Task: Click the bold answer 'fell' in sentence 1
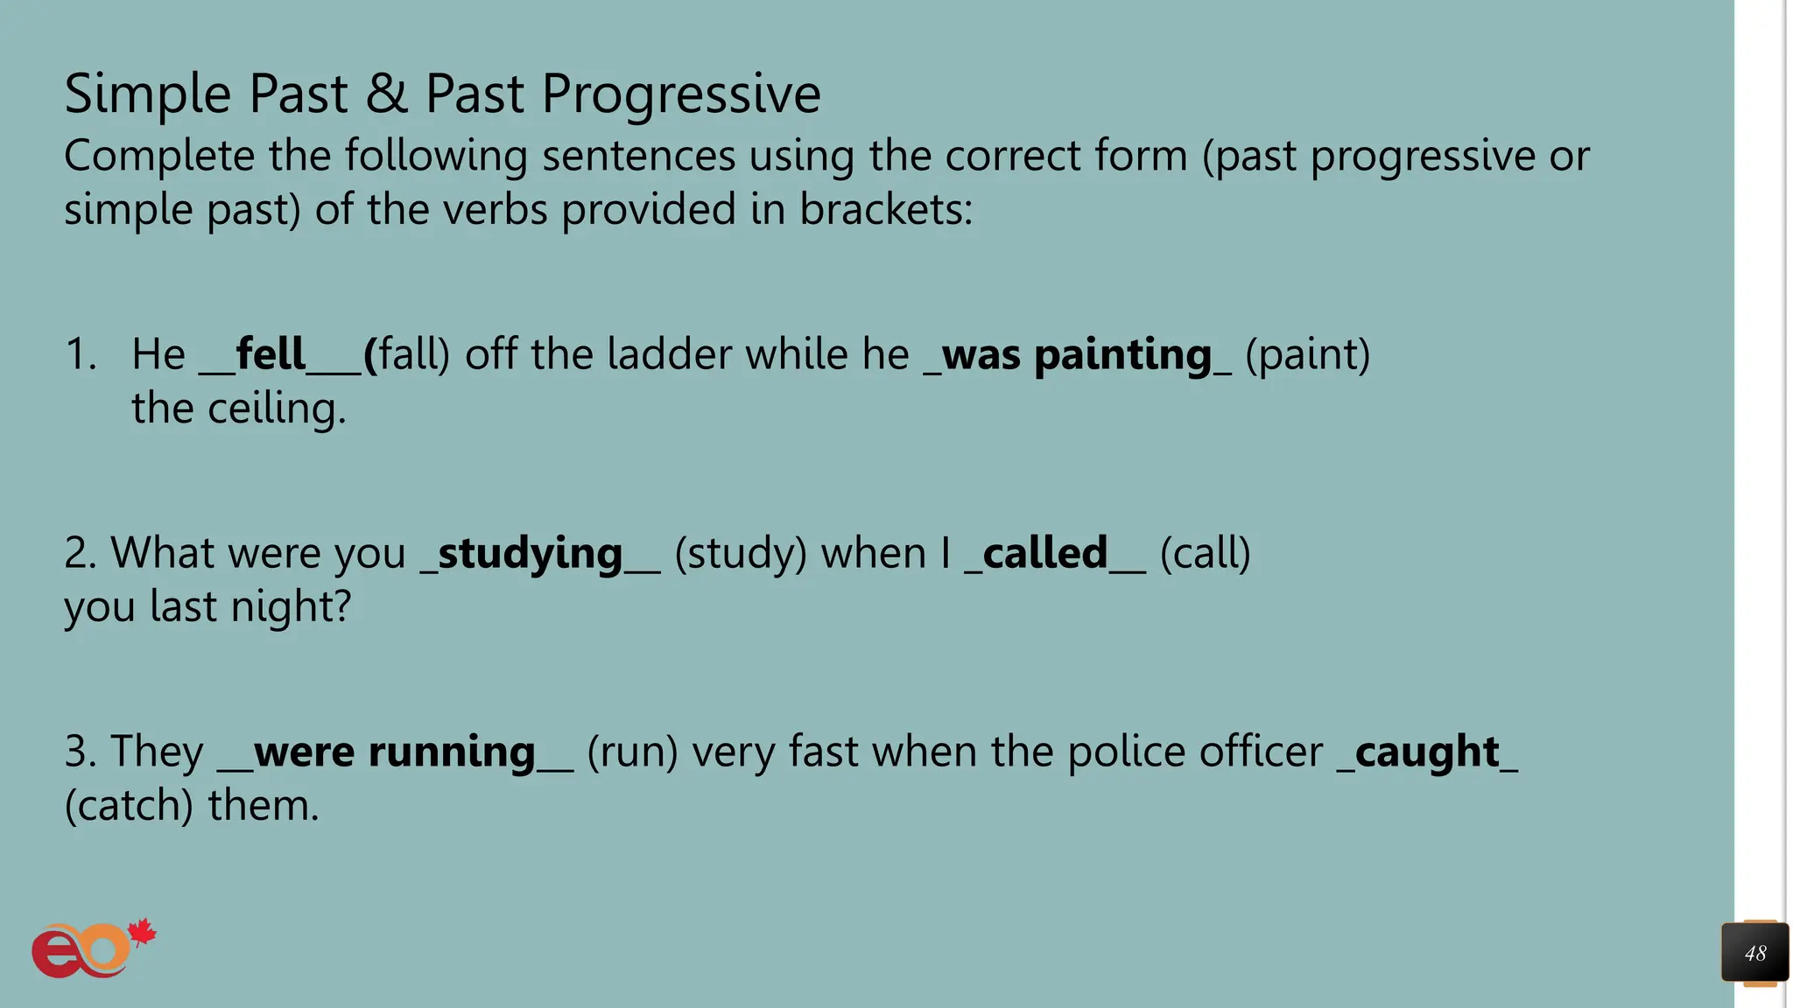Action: coord(271,354)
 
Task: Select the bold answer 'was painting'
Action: coord(1077,355)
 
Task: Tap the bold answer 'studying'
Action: coord(530,554)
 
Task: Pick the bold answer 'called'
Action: coord(1045,553)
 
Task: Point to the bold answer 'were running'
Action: coord(394,752)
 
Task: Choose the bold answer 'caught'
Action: coord(1427,752)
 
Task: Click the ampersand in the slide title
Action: coord(386,93)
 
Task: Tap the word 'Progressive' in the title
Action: coord(681,94)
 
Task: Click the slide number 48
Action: coord(1754,953)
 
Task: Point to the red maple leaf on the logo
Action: coord(141,933)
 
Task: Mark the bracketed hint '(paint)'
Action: coord(1307,355)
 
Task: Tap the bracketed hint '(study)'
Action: coord(741,554)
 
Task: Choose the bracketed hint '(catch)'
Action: coord(129,806)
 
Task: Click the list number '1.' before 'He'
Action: coord(81,354)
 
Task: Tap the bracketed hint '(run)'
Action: coord(632,752)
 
